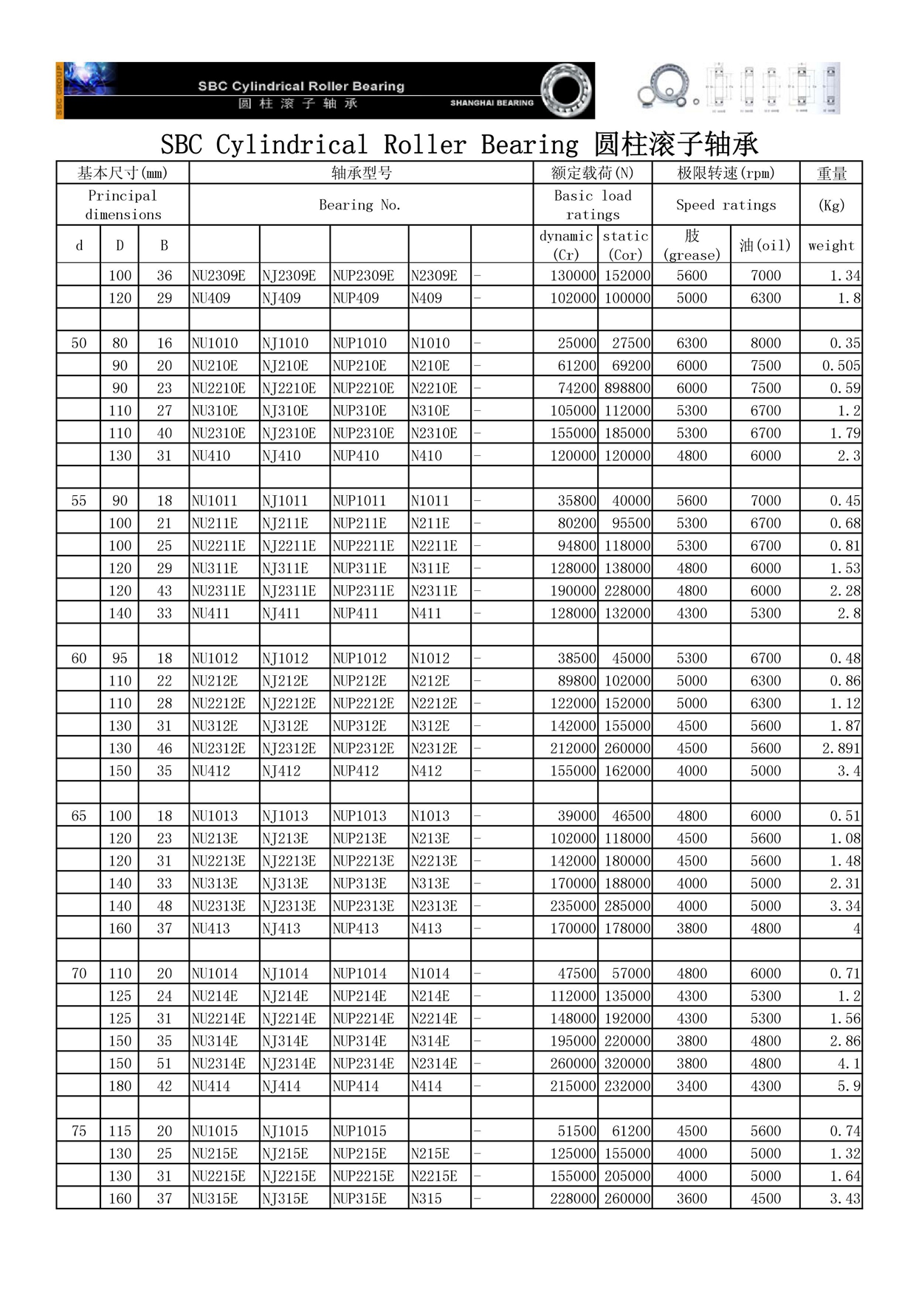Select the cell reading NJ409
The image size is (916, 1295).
(x=280, y=298)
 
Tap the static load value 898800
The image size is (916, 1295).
(x=627, y=388)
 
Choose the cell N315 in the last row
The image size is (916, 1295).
(x=426, y=1199)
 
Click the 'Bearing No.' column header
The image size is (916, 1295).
(x=360, y=205)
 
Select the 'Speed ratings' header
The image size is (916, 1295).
(x=726, y=205)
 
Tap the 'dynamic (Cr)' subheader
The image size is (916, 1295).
(x=565, y=245)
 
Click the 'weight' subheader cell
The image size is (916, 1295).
(x=830, y=246)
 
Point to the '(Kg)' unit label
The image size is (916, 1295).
(x=831, y=205)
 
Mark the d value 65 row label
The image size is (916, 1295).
(x=78, y=816)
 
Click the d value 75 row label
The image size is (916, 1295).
(x=78, y=1131)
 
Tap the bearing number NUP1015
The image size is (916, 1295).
(x=359, y=1131)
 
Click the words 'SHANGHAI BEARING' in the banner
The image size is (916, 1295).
(x=492, y=103)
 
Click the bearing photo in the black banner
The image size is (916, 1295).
(x=566, y=90)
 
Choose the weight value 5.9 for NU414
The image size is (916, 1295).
(x=848, y=1086)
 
